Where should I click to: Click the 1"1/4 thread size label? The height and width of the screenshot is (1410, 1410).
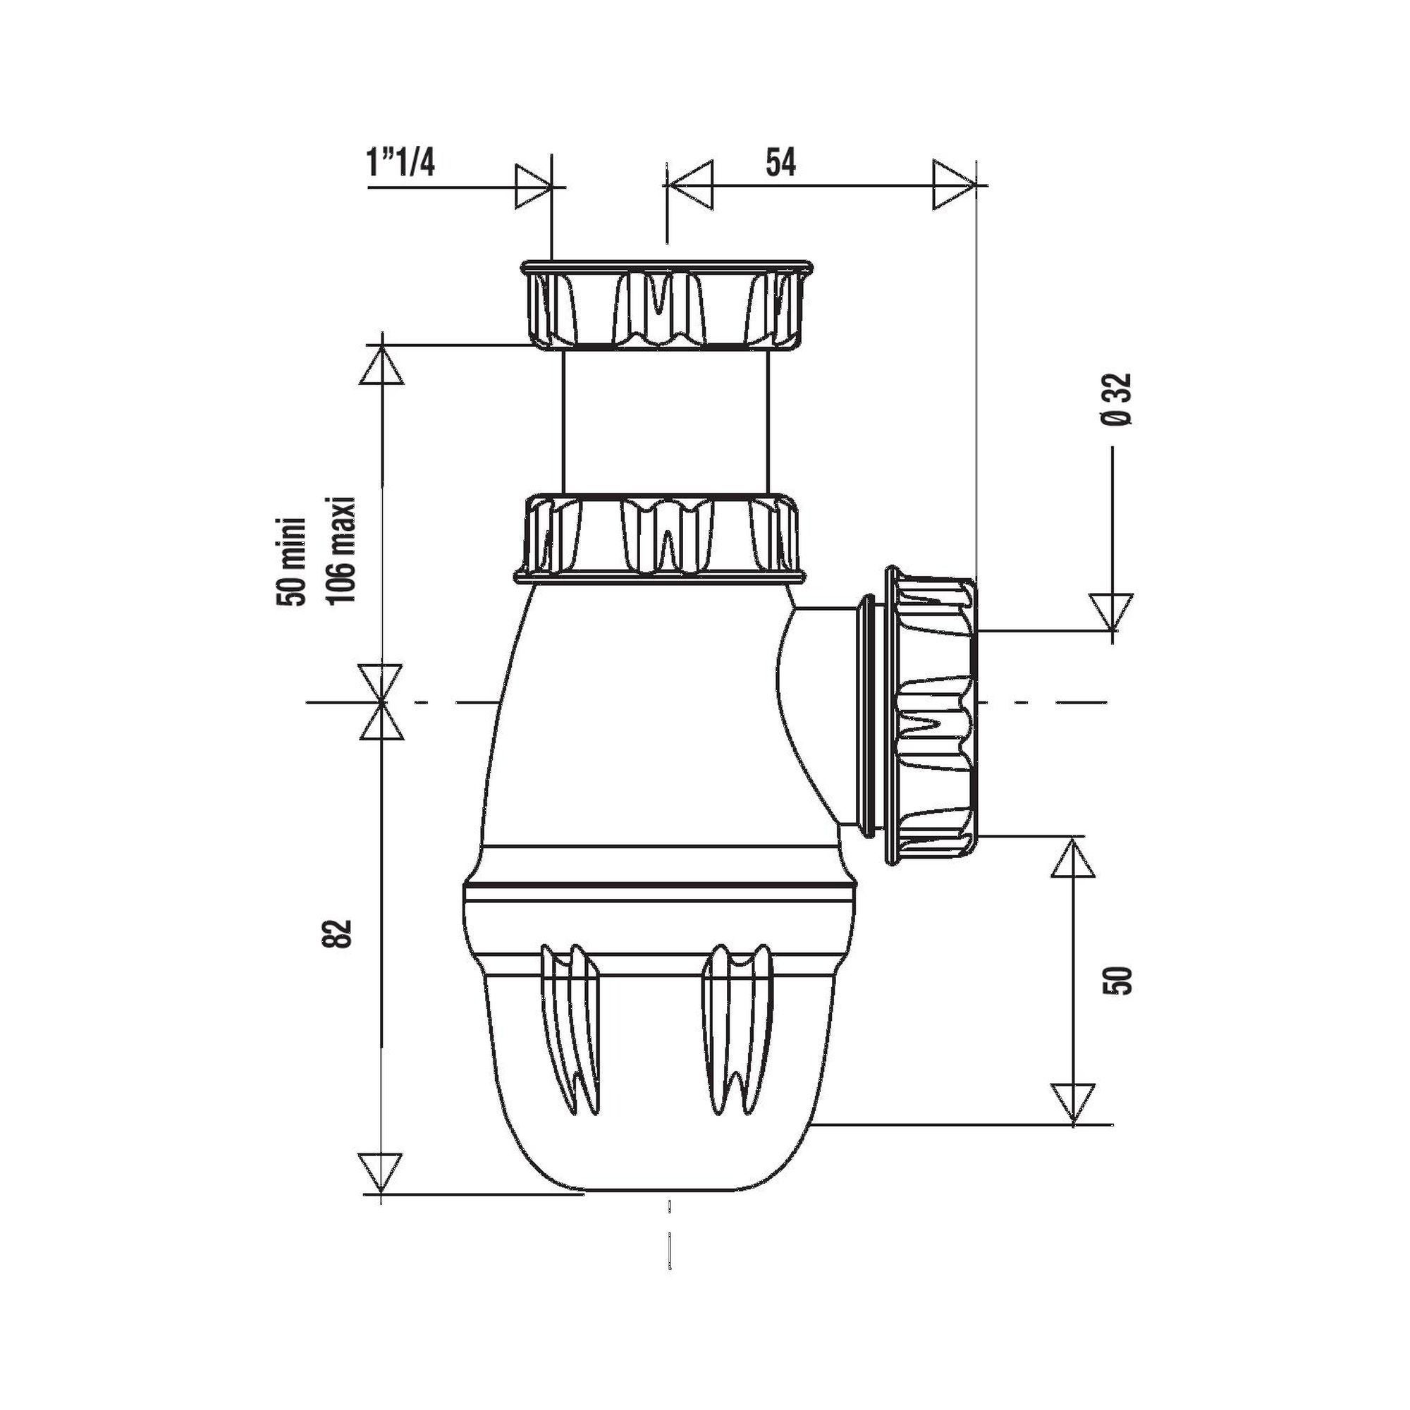(400, 161)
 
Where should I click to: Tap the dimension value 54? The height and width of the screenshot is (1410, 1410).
(780, 161)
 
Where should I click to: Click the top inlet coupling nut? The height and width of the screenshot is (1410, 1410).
(665, 305)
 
